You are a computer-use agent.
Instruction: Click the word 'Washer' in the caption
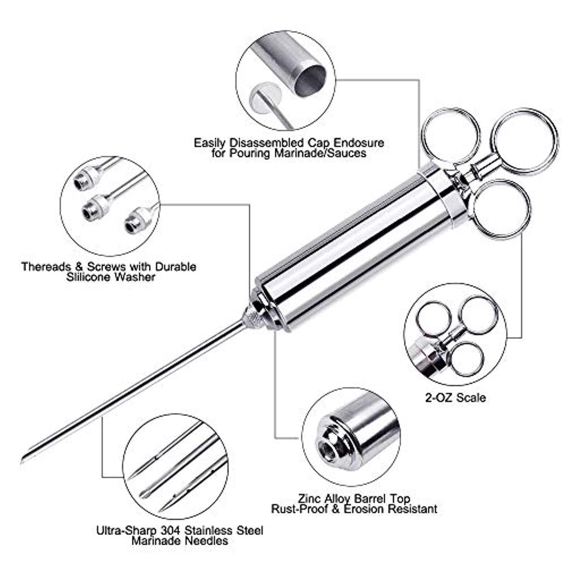[134, 277]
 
